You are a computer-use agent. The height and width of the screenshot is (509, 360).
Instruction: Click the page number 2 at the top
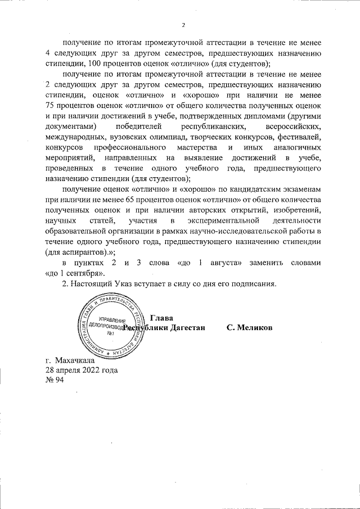(x=183, y=25)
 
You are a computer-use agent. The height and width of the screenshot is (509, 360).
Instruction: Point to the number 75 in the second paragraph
(x=51, y=105)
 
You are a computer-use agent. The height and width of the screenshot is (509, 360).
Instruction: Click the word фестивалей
(x=300, y=137)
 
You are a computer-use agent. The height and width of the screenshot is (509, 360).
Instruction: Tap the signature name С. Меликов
(x=250, y=327)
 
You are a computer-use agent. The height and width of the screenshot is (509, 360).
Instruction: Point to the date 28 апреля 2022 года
(x=82, y=370)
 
